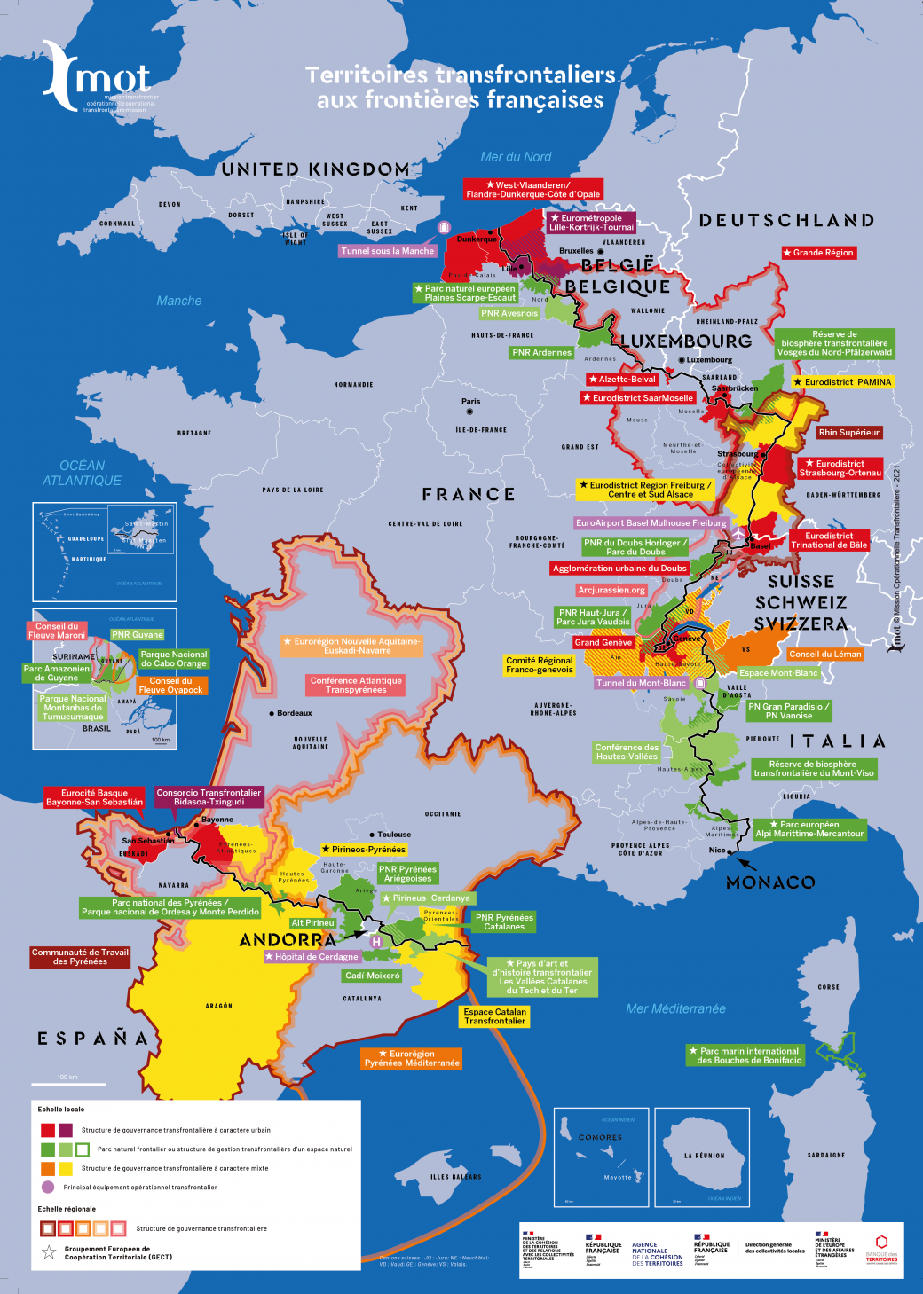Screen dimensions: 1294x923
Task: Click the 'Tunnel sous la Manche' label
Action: pos(388,251)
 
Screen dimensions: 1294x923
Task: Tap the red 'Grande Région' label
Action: pos(817,253)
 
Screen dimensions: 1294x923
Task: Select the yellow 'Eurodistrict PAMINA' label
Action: pos(842,382)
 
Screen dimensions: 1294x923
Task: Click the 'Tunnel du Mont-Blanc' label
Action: pos(641,683)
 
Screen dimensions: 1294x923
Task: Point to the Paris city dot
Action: pos(469,412)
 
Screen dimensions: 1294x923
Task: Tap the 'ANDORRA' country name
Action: pos(288,940)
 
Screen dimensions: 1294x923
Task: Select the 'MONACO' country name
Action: pos(769,882)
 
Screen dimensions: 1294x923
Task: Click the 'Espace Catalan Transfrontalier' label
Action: pos(494,1016)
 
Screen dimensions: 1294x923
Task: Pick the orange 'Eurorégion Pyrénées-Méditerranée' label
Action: pos(412,1058)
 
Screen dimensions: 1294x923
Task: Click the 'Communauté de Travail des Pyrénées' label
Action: pos(80,957)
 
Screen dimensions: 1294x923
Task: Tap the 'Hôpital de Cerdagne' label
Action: pos(312,957)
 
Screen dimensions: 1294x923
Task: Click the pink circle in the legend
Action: pos(48,1187)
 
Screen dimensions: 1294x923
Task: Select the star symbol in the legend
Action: pos(49,1252)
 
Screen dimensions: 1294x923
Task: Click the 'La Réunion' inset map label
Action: pos(704,1156)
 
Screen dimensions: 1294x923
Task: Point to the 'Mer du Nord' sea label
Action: pos(516,157)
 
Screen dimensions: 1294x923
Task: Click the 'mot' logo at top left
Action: pos(98,78)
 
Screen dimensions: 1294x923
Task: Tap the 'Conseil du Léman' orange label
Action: pos(824,655)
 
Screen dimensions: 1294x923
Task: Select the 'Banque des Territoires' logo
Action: pos(881,1249)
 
